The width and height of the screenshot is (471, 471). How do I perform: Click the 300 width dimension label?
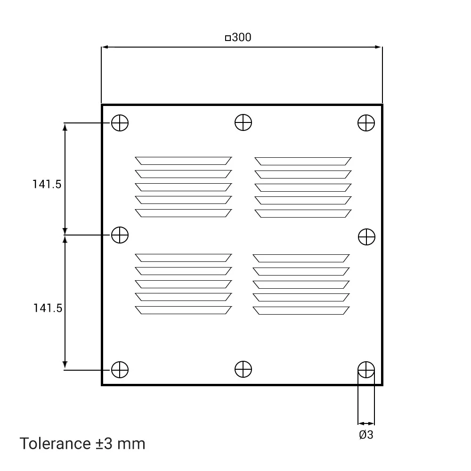tap(242, 37)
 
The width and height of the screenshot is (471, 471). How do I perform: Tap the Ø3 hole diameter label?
tap(366, 435)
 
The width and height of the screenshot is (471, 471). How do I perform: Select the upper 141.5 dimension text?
tap(47, 184)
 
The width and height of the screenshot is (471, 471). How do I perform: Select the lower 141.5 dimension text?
tap(48, 308)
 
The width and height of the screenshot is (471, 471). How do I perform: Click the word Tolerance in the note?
tap(55, 443)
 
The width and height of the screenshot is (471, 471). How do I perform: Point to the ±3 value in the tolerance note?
tap(104, 444)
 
